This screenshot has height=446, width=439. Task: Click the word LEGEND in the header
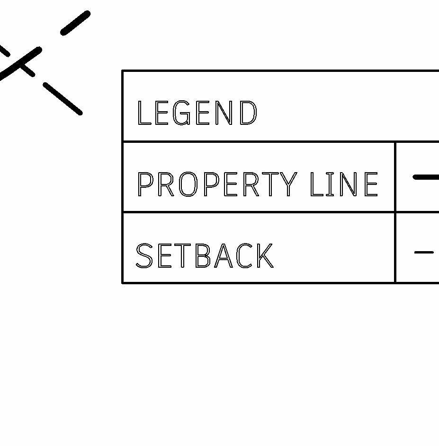pos(197,113)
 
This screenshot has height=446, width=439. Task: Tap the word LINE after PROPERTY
pos(344,184)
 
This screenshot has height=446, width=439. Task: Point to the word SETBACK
pos(205,256)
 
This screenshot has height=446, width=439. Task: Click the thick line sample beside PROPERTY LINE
pos(426,177)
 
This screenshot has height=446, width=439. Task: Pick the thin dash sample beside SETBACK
pos(424,253)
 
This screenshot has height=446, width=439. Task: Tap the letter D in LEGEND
pos(249,113)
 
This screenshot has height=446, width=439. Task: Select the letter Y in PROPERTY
pos(287,184)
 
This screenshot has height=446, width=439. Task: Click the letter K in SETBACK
pos(264,256)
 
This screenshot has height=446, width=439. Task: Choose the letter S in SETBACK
pos(144,256)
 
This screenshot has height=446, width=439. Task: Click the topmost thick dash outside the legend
pos(75,23)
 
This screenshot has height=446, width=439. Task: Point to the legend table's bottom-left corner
pos(123,283)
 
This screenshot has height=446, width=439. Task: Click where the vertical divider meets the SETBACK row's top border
pos(395,212)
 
